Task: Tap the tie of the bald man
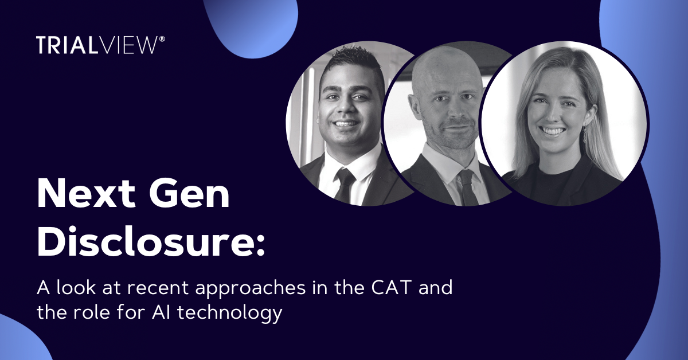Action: pos(467,186)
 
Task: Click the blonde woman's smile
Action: pos(553,131)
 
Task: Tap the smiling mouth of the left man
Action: pos(345,123)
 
